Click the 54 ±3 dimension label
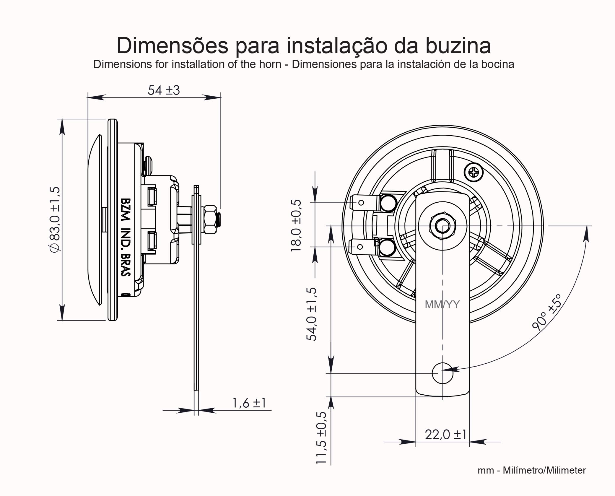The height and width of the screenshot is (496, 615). (x=164, y=90)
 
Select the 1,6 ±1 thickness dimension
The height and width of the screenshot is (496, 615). (x=249, y=403)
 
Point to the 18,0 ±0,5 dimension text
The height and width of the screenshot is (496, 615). (x=296, y=225)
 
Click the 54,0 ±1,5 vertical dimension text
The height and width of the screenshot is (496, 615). (x=312, y=314)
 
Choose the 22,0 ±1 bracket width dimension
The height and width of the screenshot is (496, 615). (x=445, y=435)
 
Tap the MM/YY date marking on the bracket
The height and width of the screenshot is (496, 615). (x=442, y=305)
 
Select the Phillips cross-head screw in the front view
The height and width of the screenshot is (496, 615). (x=474, y=172)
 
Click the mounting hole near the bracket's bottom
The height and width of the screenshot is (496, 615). (x=442, y=373)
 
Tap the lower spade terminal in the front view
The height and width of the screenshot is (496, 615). (x=363, y=247)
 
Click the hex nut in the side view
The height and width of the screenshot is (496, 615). (x=210, y=220)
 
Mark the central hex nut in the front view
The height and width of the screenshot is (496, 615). (x=442, y=226)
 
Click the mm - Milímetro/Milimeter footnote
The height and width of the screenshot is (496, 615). (x=531, y=470)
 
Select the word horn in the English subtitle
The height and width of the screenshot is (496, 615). (x=270, y=64)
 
